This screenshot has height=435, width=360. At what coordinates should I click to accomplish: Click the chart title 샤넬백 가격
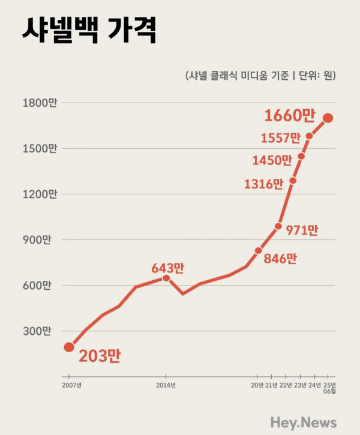[x=89, y=30]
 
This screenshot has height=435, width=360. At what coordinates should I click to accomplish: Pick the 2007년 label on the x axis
[x=71, y=385]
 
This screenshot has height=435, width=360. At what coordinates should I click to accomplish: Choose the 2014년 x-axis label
[x=166, y=385]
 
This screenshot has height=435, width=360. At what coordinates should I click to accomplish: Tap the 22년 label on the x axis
[x=286, y=385]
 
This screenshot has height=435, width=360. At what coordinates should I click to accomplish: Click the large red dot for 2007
[x=69, y=347]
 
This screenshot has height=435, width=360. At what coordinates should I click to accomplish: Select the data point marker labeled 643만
[x=166, y=278]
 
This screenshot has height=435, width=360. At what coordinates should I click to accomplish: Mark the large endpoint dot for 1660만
[x=328, y=118]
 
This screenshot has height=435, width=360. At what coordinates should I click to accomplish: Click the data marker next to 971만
[x=278, y=226]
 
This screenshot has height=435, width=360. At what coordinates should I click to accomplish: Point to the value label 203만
[x=100, y=356]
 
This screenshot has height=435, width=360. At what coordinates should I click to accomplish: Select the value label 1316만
[x=263, y=184]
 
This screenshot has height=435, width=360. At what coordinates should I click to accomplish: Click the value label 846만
[x=280, y=259]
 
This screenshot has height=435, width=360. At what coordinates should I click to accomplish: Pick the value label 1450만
[x=272, y=160]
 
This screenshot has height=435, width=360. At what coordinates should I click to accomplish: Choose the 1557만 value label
[x=281, y=138]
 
